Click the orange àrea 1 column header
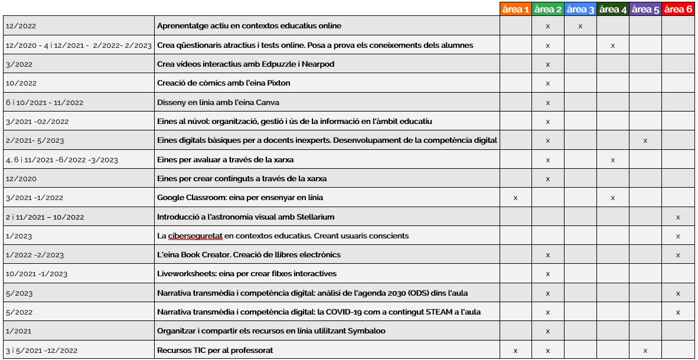(x=516, y=9)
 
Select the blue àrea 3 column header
(x=580, y=9)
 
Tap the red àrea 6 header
(x=677, y=9)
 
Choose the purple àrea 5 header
(x=645, y=9)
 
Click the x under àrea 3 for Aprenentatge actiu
(x=580, y=26)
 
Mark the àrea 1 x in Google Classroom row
(x=516, y=198)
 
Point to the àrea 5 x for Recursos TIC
(x=645, y=351)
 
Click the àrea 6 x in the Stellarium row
(x=678, y=217)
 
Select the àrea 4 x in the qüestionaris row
(x=613, y=45)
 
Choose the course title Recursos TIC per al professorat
(x=215, y=351)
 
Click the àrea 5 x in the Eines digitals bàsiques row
(x=645, y=140)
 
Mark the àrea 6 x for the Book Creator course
(x=678, y=255)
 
